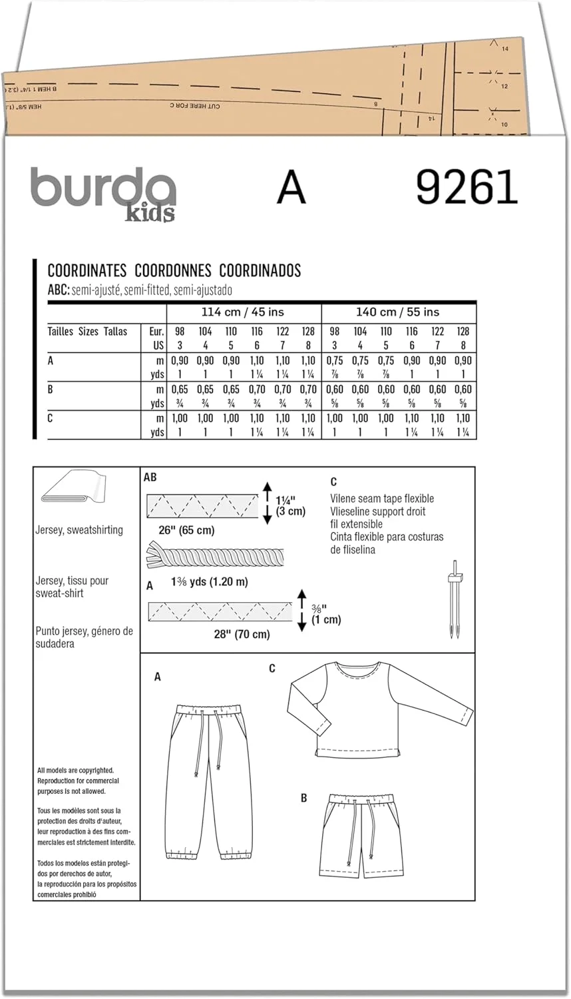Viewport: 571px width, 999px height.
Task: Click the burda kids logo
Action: coord(103,192)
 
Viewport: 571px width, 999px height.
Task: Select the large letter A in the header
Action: coord(291,188)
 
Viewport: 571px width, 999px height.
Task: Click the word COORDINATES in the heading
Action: coord(87,270)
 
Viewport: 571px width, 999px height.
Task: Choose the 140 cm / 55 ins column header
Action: coord(398,312)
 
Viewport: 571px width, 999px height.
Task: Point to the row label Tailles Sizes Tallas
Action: coord(87,331)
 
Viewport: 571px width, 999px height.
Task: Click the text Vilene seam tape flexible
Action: coord(382,498)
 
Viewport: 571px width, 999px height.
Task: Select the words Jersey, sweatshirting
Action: coord(79,529)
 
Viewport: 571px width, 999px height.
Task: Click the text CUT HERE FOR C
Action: coord(195,106)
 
